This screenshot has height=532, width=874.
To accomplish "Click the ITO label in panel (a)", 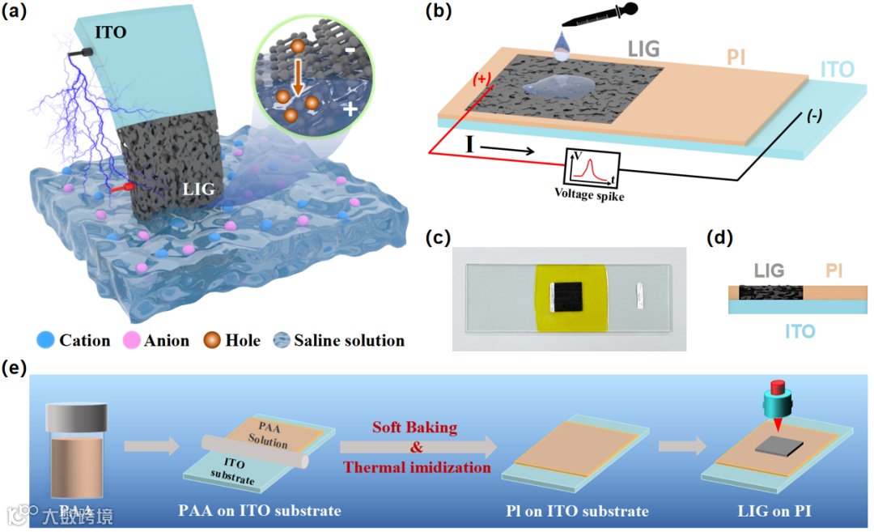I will click(x=112, y=33).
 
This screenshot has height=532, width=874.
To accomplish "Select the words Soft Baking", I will click(x=416, y=426).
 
